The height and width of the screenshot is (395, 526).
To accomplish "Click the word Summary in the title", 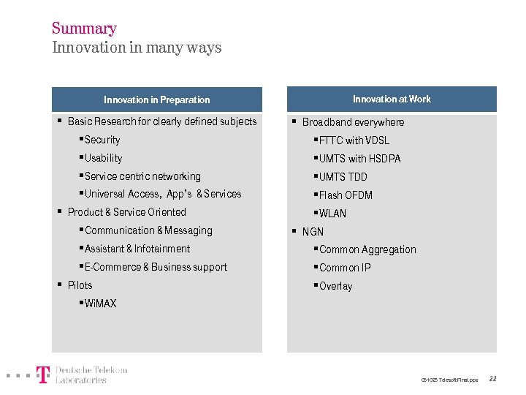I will pyautogui.click(x=84, y=29).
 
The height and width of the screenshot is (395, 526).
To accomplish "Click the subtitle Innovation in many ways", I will pyautogui.click(x=137, y=48).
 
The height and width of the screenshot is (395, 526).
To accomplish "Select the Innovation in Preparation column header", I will pyautogui.click(x=156, y=99).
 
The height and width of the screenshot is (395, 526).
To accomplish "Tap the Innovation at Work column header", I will pyautogui.click(x=392, y=99).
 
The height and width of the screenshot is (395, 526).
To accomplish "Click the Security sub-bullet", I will pyautogui.click(x=102, y=140).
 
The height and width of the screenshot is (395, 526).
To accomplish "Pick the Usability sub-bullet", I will pyautogui.click(x=103, y=158).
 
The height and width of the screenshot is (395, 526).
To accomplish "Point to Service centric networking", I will pyautogui.click(x=142, y=176).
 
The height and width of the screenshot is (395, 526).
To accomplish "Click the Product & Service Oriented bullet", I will pyautogui.click(x=126, y=212).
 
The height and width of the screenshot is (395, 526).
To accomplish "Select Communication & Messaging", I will pyautogui.click(x=148, y=230).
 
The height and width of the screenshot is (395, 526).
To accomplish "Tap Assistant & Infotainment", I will pyautogui.click(x=137, y=249).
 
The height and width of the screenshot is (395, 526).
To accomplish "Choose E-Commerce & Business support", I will pyautogui.click(x=156, y=267).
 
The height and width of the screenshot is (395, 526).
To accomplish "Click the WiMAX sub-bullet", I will pyautogui.click(x=100, y=304).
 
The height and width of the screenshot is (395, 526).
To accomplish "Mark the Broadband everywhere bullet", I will pyautogui.click(x=353, y=122).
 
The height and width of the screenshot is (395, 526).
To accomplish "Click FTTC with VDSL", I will pyautogui.click(x=354, y=140).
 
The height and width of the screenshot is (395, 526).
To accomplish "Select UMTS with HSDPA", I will pyautogui.click(x=359, y=159).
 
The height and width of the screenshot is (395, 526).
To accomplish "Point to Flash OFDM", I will pyautogui.click(x=346, y=195).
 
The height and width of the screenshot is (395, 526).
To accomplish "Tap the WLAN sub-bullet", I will pyautogui.click(x=332, y=214).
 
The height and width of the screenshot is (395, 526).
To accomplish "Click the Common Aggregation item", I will pyautogui.click(x=367, y=249).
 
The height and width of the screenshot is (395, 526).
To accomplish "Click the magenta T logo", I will pyautogui.click(x=44, y=375).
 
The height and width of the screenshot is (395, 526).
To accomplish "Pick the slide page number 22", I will pyautogui.click(x=492, y=379).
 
